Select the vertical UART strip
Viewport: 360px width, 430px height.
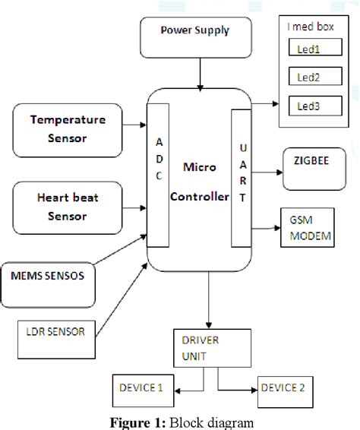tap(240, 178)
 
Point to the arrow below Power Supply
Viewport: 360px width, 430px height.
tap(199, 74)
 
